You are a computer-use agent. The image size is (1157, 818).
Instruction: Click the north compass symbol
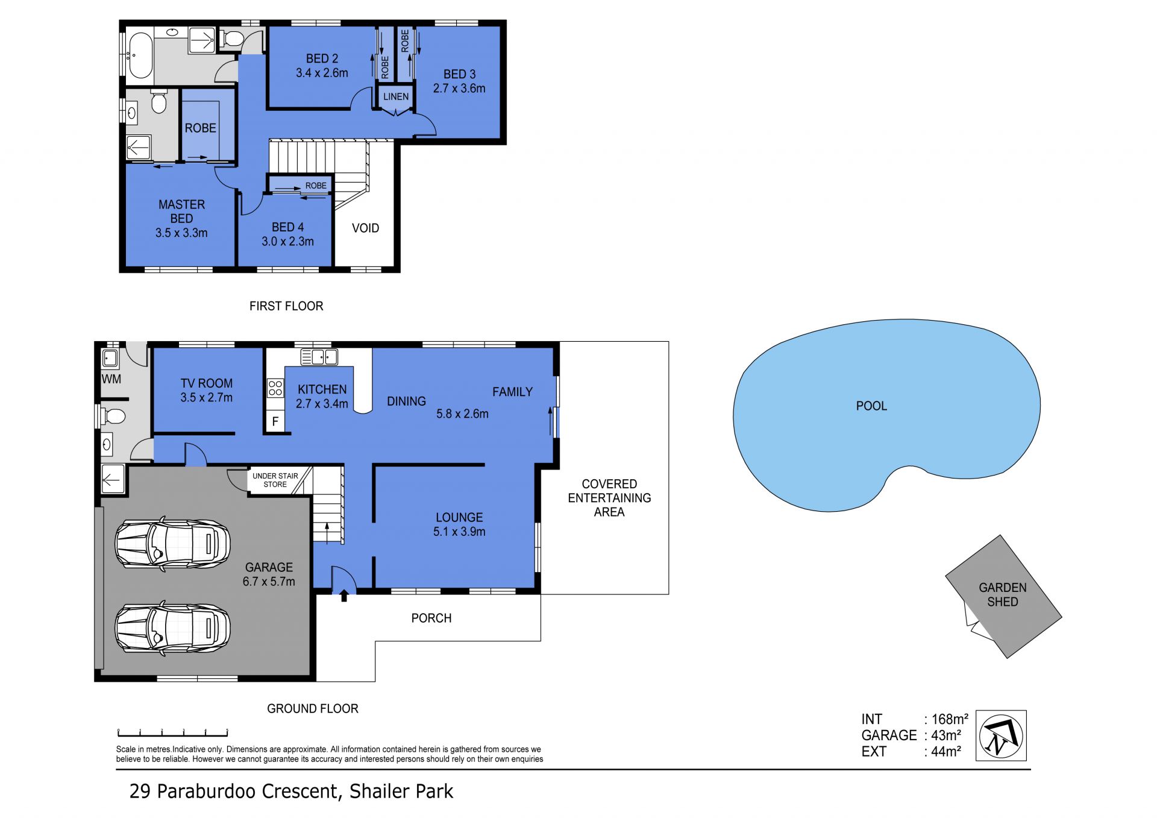1001,735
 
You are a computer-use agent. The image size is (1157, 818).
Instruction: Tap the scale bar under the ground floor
172,733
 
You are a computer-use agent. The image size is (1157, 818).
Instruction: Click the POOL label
871,406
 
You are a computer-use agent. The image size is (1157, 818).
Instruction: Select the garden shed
1003,596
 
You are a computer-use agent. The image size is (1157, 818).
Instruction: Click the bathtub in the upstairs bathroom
140,56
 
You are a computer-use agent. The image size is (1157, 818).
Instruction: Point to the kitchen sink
319,357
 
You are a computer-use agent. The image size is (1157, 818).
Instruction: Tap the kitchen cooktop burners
275,388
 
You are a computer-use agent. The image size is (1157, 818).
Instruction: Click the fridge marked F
275,421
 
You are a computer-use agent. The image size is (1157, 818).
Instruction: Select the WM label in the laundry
111,379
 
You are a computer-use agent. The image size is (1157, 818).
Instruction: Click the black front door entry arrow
344,596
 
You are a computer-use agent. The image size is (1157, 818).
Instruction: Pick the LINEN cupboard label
396,96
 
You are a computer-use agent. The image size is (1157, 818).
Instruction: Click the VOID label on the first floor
365,228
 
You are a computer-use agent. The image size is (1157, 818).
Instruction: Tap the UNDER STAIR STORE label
275,480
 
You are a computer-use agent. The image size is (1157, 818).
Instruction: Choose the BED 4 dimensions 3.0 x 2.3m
287,242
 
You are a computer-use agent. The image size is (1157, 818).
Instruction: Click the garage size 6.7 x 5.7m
269,582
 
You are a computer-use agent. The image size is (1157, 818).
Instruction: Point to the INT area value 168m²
950,719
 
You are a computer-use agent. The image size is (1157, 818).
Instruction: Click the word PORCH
431,618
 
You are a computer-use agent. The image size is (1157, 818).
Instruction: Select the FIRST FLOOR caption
286,306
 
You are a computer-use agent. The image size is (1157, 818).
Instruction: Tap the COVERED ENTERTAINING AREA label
609,498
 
